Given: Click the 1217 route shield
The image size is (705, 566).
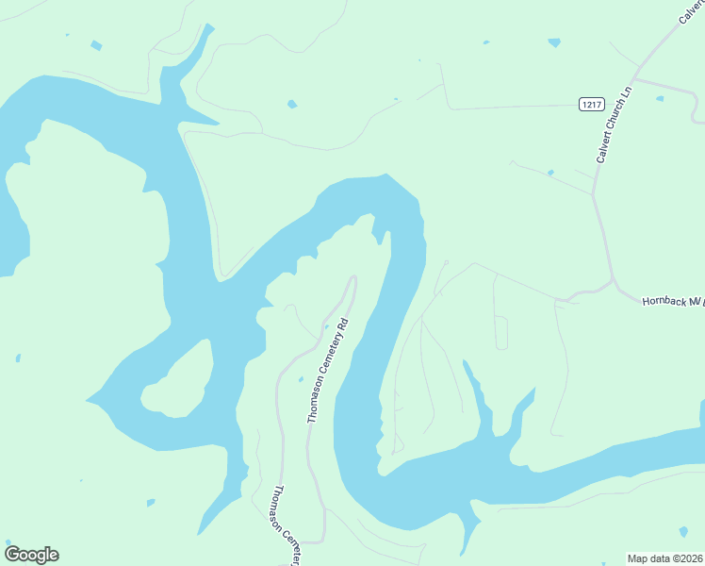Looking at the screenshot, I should pyautogui.click(x=591, y=105).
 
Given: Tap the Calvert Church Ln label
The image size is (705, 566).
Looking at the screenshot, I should pyautogui.click(x=613, y=124).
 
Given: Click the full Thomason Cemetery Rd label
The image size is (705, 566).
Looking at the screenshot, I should pyautogui.click(x=328, y=370).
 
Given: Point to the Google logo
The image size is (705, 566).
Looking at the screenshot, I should pyautogui.click(x=31, y=555).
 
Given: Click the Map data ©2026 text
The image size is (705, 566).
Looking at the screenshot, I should pyautogui.click(x=665, y=558).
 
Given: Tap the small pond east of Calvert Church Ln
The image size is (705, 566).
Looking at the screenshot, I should pyautogui.click(x=659, y=98).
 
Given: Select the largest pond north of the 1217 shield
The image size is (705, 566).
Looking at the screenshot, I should pyautogui.click(x=553, y=42).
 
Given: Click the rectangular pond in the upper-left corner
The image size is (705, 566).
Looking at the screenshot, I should pyautogui.click(x=95, y=44).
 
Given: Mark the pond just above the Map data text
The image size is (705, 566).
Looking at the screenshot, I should pyautogui.click(x=683, y=532).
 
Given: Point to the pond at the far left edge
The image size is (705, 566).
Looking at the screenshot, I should pyautogui.click(x=18, y=358).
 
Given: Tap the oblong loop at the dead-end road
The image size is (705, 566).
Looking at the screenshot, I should pyautogui.click(x=501, y=332).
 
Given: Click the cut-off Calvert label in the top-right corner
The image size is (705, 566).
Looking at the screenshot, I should pyautogui.click(x=691, y=11).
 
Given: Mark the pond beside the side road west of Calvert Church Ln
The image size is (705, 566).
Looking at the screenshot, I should pyautogui.click(x=549, y=173).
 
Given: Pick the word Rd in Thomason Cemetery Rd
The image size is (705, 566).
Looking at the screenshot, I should pyautogui.click(x=343, y=327).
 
